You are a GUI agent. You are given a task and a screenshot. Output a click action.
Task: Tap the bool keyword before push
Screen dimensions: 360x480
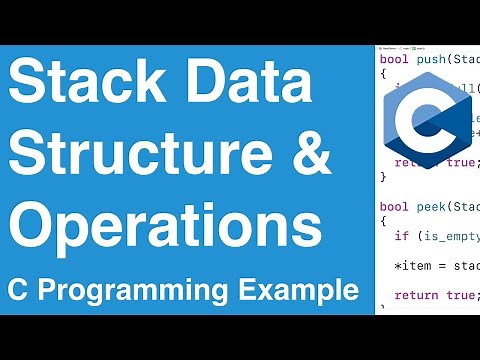[x=394, y=60]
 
